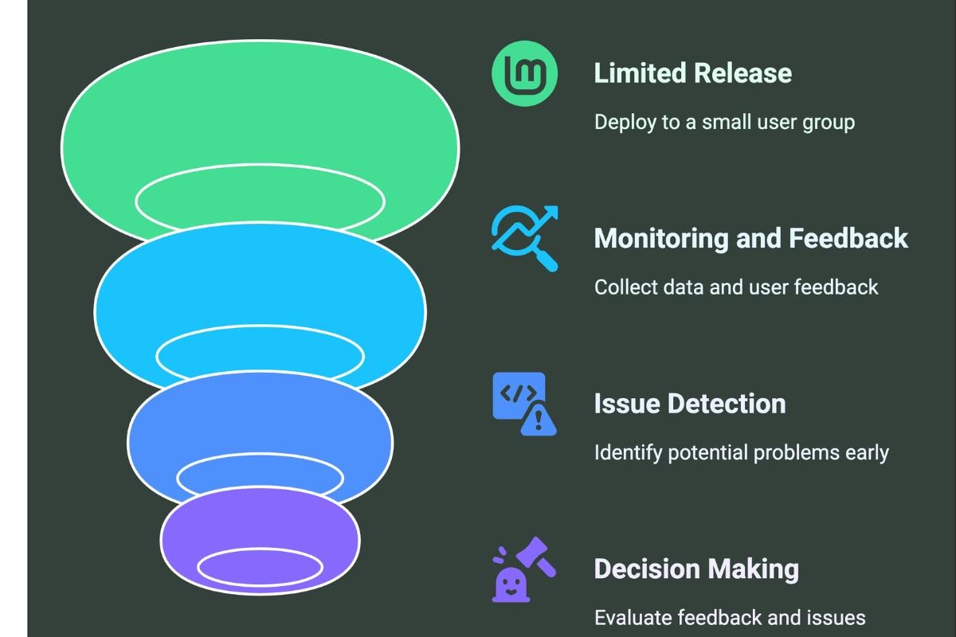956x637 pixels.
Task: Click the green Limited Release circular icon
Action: click(x=524, y=73)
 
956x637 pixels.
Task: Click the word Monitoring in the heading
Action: click(x=661, y=239)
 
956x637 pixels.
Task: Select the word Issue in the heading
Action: click(x=621, y=404)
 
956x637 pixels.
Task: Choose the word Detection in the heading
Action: click(x=721, y=404)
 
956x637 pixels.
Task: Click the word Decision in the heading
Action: click(x=647, y=569)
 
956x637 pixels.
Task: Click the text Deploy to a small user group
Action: click(x=725, y=123)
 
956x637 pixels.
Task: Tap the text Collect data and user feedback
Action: click(x=736, y=287)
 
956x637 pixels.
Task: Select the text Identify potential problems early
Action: click(x=742, y=453)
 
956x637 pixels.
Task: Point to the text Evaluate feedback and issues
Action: click(x=730, y=617)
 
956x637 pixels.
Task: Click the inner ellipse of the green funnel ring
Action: click(x=260, y=165)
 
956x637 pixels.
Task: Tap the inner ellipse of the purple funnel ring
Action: click(x=260, y=549)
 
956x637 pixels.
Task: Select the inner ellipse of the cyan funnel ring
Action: click(x=260, y=326)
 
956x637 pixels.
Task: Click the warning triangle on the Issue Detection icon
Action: click(x=539, y=420)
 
